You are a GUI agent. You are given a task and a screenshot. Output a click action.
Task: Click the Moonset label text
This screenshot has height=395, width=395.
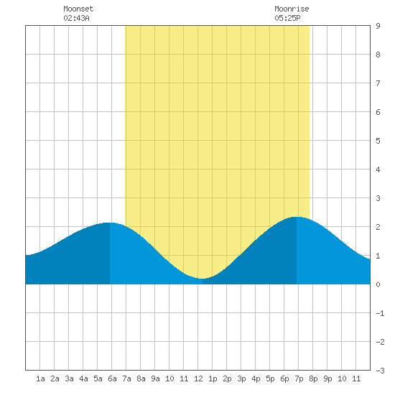point(78,9)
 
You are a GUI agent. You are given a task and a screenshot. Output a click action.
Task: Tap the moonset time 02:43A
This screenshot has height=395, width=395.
point(76,18)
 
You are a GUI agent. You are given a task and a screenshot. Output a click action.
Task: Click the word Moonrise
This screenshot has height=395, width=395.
point(292,9)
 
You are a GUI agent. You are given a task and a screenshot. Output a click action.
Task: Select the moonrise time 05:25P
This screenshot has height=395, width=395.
point(287,18)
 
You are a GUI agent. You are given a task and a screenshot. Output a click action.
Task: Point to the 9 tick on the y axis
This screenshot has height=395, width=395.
point(378,26)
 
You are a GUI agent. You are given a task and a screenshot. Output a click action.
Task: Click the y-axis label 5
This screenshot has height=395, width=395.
point(378,141)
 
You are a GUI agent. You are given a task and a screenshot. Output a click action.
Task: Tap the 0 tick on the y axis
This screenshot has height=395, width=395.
point(378,284)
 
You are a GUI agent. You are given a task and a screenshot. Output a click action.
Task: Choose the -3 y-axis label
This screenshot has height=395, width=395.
point(380,371)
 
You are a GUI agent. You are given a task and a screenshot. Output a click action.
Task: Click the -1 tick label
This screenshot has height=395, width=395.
point(380,313)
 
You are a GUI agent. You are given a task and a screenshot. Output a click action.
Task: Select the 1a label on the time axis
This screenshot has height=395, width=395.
point(40,378)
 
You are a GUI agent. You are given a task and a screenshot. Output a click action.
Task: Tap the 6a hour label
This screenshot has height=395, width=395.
point(112,378)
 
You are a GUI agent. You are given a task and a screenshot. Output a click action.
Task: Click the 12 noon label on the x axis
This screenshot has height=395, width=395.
point(198,378)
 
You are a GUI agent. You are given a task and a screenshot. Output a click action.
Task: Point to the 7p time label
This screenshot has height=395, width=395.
point(299,378)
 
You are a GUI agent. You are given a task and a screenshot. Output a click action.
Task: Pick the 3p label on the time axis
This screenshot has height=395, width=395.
point(241,378)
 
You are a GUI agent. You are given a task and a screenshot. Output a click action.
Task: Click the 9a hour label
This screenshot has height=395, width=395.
point(155,378)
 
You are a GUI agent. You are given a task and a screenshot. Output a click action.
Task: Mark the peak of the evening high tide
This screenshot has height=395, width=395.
point(297,217)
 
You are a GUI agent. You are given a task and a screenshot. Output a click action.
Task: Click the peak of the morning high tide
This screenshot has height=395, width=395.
point(110,223)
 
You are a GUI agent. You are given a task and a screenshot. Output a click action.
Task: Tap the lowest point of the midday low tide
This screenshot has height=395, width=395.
point(202,279)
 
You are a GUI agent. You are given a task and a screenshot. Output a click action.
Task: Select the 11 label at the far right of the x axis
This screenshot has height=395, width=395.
point(356,378)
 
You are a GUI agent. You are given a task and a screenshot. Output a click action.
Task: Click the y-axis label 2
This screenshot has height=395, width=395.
point(378,227)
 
